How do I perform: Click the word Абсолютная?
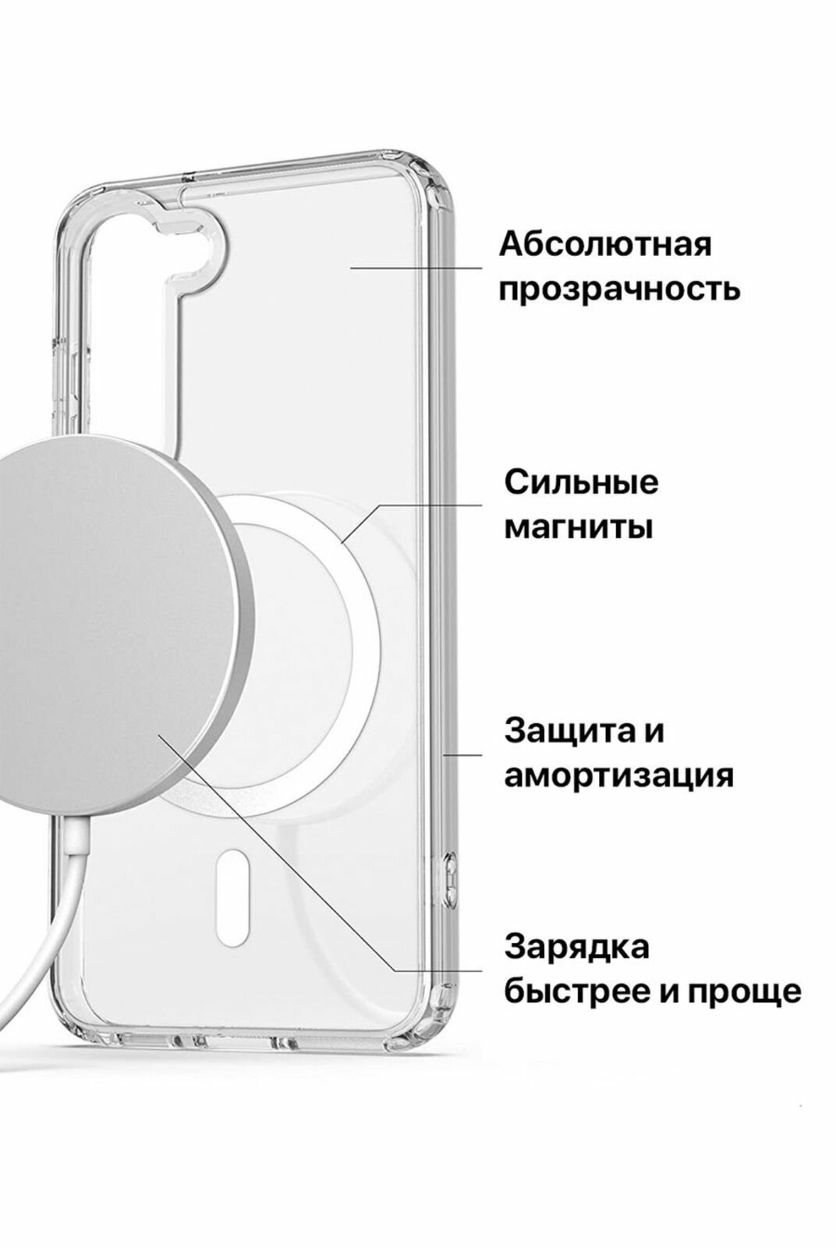[x=605, y=244]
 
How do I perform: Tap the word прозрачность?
[x=619, y=290]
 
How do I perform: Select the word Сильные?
[x=581, y=483]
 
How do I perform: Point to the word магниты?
[x=578, y=528]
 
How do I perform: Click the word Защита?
[x=562, y=732]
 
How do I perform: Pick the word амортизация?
[x=618, y=777]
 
